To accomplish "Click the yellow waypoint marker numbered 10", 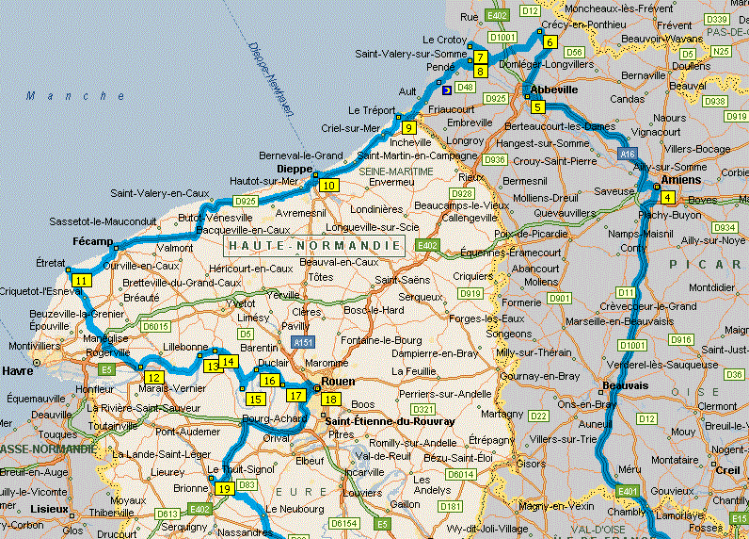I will tap(328, 186).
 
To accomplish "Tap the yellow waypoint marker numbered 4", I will tap(667, 197).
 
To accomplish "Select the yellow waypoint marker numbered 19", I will tap(223, 488).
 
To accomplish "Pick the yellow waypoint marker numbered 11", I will tap(82, 281).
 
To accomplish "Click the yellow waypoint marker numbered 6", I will tap(548, 41).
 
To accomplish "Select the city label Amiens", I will tap(681, 180).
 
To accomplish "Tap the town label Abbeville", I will tap(553, 89).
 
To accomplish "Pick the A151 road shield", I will tap(302, 342).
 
